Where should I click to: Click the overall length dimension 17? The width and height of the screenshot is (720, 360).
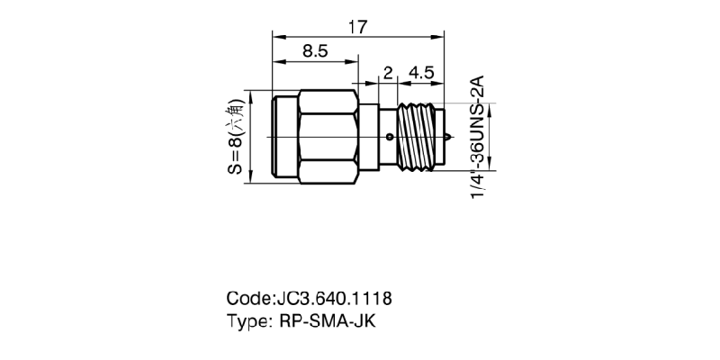(357, 27)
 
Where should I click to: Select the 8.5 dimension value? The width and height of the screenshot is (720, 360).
(314, 51)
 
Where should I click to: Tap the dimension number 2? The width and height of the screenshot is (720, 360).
(388, 73)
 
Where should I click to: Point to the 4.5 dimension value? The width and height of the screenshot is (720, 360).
(421, 73)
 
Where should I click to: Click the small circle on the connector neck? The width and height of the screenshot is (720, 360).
(389, 138)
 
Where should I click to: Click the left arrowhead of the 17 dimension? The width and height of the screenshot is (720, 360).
(276, 37)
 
